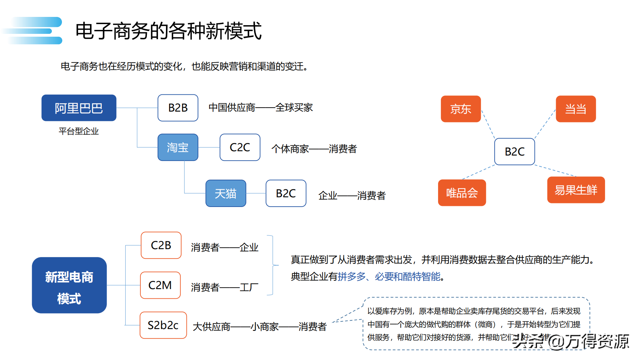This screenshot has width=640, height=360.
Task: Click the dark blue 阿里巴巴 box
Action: pyautogui.click(x=79, y=108)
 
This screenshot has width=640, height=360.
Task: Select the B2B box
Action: pyautogui.click(x=178, y=108)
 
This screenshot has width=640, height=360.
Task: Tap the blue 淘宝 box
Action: pyautogui.click(x=178, y=147)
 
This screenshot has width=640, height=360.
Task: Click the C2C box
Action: pyautogui.click(x=240, y=147)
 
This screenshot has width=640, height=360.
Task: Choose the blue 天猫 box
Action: pyautogui.click(x=226, y=193)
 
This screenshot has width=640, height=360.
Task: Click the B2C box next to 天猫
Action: pyautogui.click(x=286, y=193)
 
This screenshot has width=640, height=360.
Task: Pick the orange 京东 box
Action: pyautogui.click(x=461, y=109)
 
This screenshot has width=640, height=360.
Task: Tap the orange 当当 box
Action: pyautogui.click(x=576, y=109)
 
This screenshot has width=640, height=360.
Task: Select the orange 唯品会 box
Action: pyautogui.click(x=462, y=193)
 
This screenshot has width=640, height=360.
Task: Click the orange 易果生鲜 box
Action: pyautogui.click(x=576, y=190)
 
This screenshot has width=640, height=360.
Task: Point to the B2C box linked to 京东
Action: pyautogui.click(x=514, y=152)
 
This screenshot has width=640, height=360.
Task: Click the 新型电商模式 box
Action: pyautogui.click(x=69, y=285)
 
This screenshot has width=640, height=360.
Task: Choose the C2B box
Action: pyautogui.click(x=161, y=245)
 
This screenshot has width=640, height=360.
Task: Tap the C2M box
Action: pyautogui.click(x=160, y=285)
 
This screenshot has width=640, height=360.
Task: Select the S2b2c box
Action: pyautogui.click(x=163, y=325)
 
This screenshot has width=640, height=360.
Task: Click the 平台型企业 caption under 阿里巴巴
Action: pyautogui.click(x=78, y=131)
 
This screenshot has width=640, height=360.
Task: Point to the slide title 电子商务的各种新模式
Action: pyautogui.click(x=168, y=31)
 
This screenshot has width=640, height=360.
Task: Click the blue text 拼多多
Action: pyautogui.click(x=352, y=276)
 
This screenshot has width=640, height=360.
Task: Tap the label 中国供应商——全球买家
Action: pyautogui.click(x=261, y=108)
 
